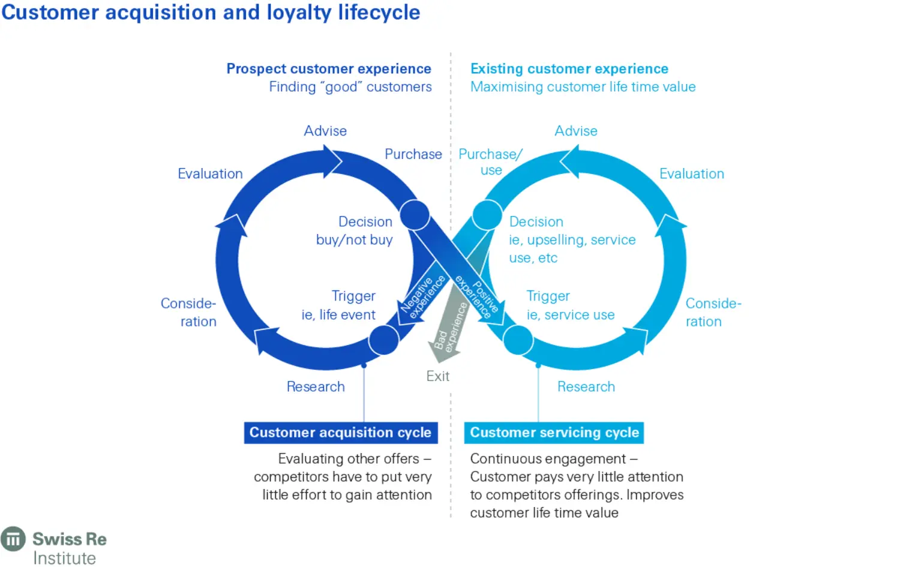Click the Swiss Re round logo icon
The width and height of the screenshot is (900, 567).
[x=13, y=539]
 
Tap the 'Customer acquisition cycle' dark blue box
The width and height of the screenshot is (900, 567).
[x=340, y=433]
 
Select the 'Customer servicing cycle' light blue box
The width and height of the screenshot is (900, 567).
[x=554, y=433]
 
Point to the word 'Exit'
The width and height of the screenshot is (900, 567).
[x=437, y=376]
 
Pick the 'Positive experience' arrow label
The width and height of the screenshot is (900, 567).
[x=478, y=295]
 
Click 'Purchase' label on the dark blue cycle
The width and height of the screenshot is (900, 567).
[x=413, y=154]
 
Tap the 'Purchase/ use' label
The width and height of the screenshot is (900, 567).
[x=490, y=162]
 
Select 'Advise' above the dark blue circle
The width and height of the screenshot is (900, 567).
[x=325, y=131]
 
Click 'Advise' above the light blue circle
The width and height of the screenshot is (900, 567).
[x=575, y=131]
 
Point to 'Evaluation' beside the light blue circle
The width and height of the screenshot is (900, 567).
[x=691, y=174]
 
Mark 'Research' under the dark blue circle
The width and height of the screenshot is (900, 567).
[x=316, y=387]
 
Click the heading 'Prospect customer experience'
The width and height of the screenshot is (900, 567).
[x=329, y=69]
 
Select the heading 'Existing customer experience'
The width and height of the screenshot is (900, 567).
[x=569, y=69]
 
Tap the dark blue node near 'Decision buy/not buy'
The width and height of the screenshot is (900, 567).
[x=415, y=215]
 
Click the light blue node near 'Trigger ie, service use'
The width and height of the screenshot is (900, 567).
[x=518, y=340]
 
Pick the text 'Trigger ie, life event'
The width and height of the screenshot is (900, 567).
[x=339, y=305]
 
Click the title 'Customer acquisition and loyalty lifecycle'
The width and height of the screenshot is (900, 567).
[x=211, y=12]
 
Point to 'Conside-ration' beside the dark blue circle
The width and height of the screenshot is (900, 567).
[x=188, y=312]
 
